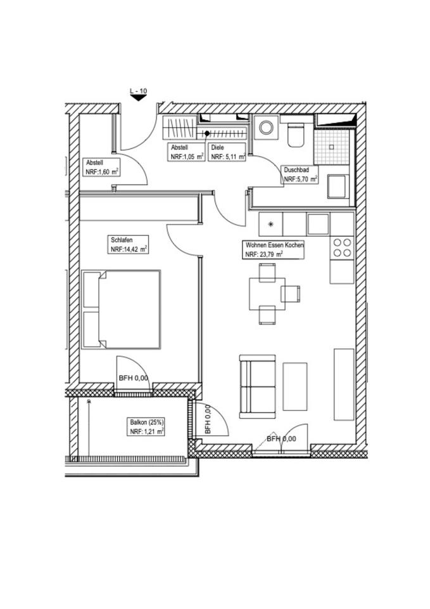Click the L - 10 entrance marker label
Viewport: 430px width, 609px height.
(x=138, y=91)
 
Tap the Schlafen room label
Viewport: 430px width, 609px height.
(x=121, y=240)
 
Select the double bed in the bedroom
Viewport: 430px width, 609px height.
(x=121, y=310)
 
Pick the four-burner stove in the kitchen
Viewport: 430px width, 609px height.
(x=343, y=247)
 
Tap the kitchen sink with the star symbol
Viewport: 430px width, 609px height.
(x=271, y=224)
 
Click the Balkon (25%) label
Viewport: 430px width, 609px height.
(x=147, y=422)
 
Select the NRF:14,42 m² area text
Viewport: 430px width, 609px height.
(x=129, y=250)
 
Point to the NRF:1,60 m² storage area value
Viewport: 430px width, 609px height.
(x=103, y=171)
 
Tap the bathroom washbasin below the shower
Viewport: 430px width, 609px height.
(x=337, y=187)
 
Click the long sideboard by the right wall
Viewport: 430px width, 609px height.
(x=344, y=384)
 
